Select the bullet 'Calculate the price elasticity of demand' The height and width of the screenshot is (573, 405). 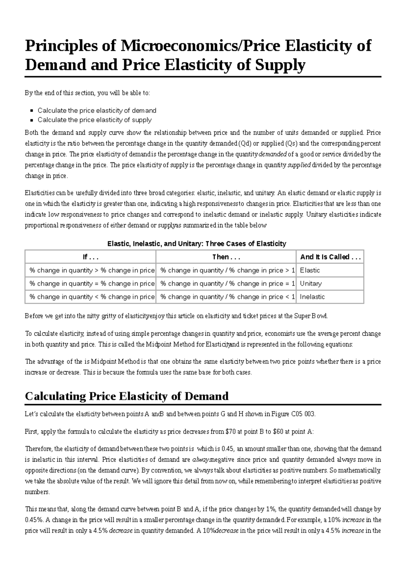tap(97, 110)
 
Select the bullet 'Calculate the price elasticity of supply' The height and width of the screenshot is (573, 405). tap(94, 120)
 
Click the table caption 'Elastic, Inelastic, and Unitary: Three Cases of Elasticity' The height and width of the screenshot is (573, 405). tap(196, 244)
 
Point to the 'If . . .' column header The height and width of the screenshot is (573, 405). tap(90, 257)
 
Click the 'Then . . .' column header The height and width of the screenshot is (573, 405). tap(226, 257)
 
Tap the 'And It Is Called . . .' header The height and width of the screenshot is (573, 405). tap(330, 257)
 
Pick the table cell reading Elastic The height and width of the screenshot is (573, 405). tap(310, 270)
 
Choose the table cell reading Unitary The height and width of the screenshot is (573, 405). tap(310, 283)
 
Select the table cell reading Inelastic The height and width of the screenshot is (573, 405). tap(312, 297)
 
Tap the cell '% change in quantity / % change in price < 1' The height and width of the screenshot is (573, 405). tap(227, 297)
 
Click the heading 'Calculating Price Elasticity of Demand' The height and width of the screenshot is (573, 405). tap(127, 396)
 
